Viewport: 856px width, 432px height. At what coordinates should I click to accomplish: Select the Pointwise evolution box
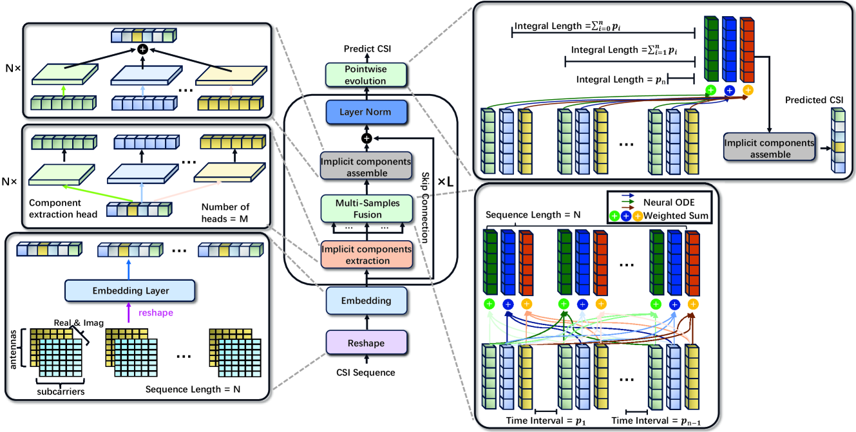click(365, 74)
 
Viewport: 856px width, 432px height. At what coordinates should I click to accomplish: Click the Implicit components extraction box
click(365, 254)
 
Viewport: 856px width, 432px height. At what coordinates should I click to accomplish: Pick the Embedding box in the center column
click(366, 300)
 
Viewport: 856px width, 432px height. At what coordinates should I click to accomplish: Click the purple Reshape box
click(366, 343)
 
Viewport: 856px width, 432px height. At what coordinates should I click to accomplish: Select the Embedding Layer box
click(129, 290)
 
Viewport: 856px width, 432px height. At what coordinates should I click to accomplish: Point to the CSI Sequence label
click(366, 372)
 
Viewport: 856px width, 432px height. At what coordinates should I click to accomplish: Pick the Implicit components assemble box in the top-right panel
click(769, 147)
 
